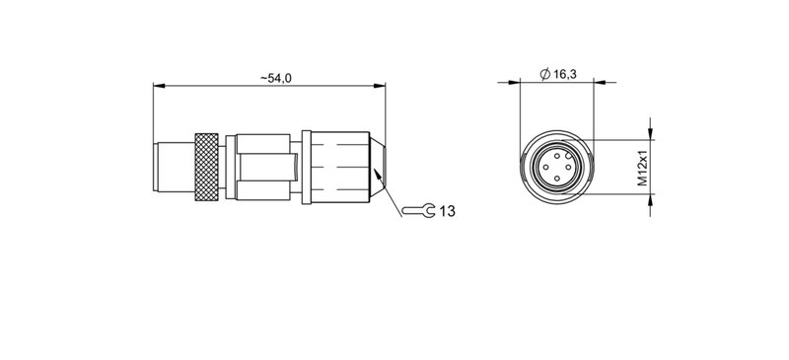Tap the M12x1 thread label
tap(640, 168)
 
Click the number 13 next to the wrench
tap(447, 211)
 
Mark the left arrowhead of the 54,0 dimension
tap(158, 86)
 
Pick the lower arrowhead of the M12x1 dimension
tap(650, 196)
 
